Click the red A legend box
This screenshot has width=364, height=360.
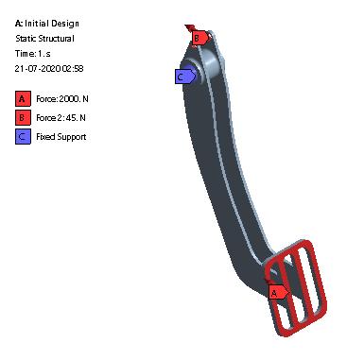point(23,98)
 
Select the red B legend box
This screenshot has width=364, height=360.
point(23,117)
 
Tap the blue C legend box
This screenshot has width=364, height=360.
point(23,136)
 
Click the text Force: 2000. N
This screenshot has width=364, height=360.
point(62,99)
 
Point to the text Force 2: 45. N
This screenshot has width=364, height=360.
point(61,118)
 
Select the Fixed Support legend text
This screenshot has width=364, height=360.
point(61,137)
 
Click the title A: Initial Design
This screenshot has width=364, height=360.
point(47,24)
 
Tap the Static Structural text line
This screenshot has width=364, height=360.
point(44,39)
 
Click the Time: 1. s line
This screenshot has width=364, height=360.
point(32,54)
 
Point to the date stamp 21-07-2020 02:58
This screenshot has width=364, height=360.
point(49,69)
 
